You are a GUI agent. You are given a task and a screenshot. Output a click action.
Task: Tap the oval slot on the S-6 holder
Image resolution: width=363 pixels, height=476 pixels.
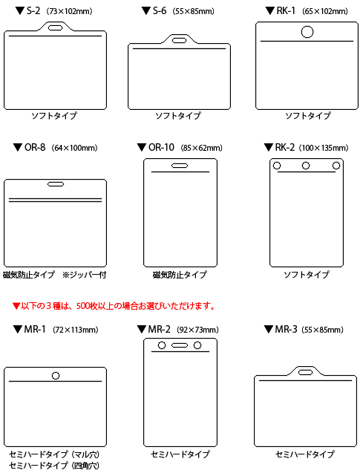(180, 40)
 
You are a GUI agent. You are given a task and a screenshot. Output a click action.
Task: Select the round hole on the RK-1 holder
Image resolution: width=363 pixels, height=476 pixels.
(307, 32)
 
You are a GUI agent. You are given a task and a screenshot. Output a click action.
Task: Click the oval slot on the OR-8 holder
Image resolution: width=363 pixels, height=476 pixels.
(56, 184)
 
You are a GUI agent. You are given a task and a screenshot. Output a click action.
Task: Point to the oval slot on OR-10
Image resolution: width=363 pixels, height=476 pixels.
(180, 166)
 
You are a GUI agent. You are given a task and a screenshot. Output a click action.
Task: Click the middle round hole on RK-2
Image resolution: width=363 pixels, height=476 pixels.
(306, 166)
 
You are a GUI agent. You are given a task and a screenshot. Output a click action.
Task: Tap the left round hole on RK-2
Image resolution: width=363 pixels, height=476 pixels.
(277, 166)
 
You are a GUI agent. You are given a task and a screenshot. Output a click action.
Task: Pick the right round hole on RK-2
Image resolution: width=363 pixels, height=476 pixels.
(336, 166)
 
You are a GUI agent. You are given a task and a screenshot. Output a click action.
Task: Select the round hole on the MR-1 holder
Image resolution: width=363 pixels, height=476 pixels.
(56, 376)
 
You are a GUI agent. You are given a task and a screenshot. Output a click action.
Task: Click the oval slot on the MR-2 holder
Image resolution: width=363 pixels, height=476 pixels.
(180, 345)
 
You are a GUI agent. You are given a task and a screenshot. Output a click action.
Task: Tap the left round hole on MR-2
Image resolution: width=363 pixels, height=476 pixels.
(162, 345)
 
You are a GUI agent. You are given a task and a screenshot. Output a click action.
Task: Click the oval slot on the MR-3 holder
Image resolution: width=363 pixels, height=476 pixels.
(305, 372)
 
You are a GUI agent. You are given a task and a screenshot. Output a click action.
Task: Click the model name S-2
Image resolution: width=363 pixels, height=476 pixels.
(33, 11)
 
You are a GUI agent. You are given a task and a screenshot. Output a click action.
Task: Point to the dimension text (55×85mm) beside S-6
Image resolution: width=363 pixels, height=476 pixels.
(193, 12)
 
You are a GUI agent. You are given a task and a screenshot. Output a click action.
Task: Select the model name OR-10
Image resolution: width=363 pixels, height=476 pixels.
(161, 148)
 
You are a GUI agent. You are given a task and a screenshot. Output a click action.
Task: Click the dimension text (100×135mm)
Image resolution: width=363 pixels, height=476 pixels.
(324, 148)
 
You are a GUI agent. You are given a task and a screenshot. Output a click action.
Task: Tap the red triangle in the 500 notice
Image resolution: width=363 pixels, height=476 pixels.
(16, 306)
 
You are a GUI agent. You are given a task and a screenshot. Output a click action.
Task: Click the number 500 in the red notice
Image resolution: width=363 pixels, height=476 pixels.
(83, 306)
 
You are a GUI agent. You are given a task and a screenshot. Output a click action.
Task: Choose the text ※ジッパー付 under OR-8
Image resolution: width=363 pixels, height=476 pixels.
(85, 275)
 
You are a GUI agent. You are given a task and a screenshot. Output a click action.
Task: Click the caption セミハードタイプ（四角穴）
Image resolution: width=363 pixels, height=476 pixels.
(54, 466)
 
